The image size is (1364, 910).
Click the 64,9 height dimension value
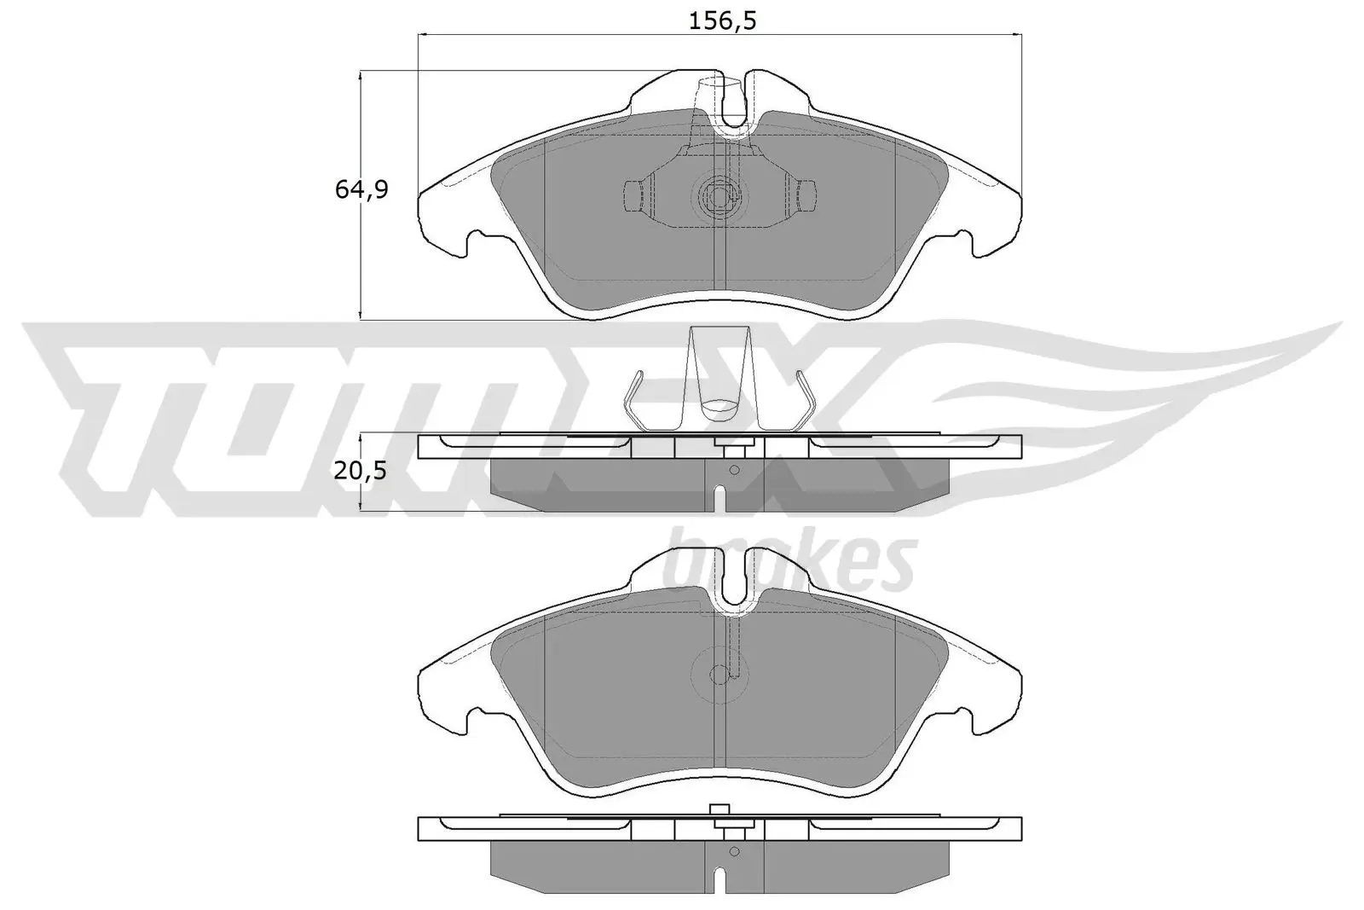[361, 189]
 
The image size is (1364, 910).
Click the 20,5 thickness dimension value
[361, 470]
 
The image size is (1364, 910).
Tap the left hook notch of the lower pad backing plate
[471, 721]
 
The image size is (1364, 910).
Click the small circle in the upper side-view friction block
[734, 470]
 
